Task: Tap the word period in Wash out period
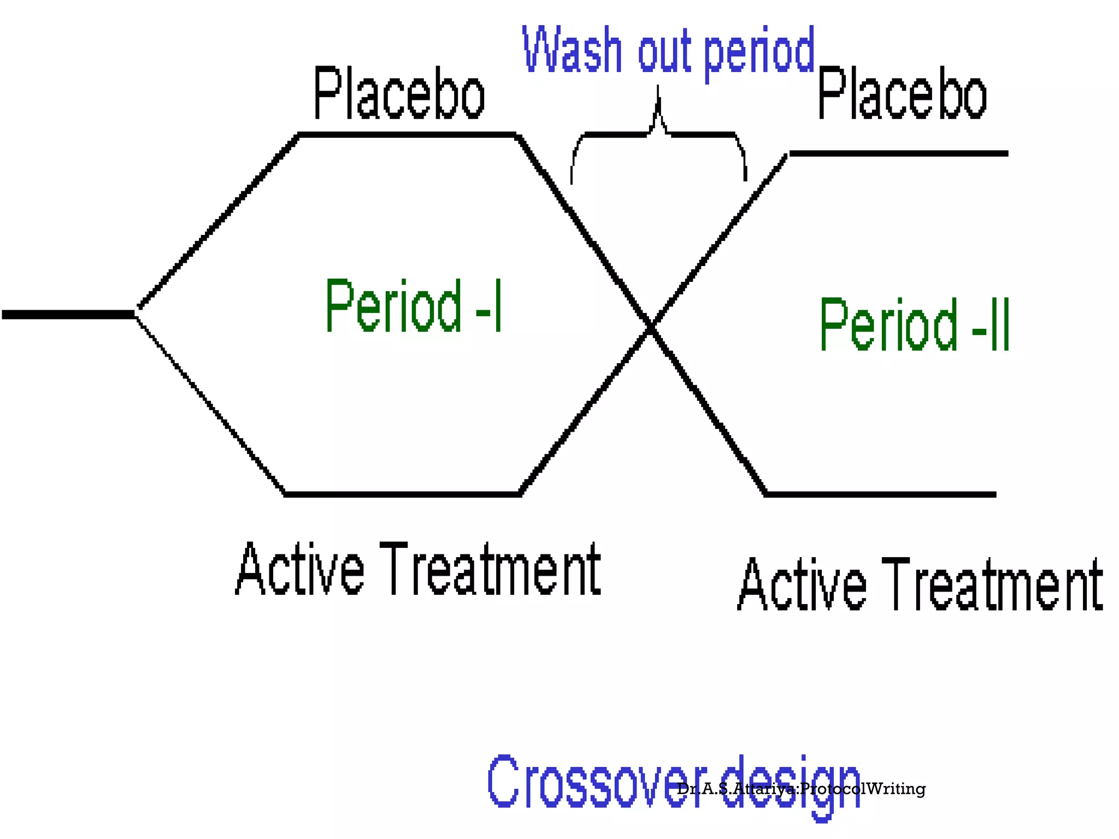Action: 759,53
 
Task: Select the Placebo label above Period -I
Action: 399,93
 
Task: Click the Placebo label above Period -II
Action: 902,93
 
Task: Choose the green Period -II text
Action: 914,326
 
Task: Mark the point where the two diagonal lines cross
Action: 650,327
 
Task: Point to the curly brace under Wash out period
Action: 658,134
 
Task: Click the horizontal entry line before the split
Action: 68,315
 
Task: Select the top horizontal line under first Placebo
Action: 407,134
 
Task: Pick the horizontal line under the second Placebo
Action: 898,154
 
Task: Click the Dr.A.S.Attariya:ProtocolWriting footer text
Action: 801,789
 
